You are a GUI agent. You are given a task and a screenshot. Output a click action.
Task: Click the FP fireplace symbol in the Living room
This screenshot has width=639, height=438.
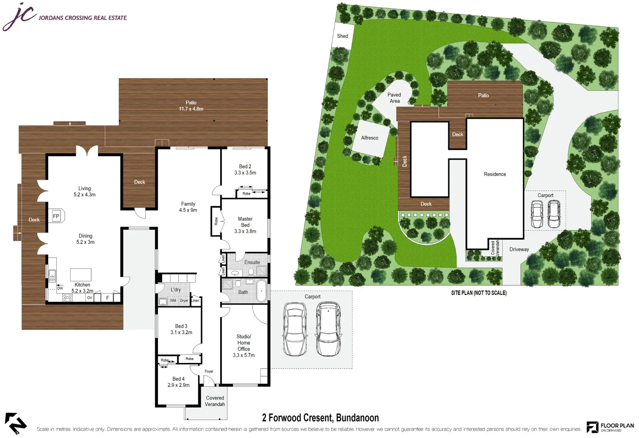tap(56, 217)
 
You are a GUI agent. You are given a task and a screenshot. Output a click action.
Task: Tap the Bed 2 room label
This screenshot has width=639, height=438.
tap(245, 166)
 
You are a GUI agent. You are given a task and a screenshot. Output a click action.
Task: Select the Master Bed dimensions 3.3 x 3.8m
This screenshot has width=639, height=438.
tap(245, 231)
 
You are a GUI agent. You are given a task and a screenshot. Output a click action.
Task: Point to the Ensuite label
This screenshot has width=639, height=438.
tap(252, 262)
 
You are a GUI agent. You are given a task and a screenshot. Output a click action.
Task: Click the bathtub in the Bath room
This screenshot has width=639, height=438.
tap(262, 291)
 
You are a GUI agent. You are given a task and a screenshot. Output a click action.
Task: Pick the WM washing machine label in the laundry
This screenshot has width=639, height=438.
tap(173, 301)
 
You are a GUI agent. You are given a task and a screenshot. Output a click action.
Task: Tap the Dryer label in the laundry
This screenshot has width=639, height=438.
tap(184, 301)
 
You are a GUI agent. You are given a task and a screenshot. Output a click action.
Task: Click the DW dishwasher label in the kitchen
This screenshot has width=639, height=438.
tap(60, 288)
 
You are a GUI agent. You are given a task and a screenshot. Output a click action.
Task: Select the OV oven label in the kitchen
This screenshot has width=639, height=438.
tap(90, 298)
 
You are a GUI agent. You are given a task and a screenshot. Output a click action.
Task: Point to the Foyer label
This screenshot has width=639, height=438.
tap(209, 371)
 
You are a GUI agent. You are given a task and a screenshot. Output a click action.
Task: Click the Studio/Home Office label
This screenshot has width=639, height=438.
tap(244, 343)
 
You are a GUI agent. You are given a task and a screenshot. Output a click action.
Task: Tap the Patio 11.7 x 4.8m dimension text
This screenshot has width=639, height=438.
tap(191, 109)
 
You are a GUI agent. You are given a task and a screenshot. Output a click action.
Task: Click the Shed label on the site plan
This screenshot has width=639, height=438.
tap(342, 36)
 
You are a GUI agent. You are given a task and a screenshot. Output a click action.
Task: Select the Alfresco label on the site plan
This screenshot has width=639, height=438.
tap(370, 138)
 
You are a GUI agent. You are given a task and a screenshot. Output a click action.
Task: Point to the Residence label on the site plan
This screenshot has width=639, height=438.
tap(495, 174)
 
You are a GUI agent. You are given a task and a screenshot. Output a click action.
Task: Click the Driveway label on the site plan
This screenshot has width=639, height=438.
tap(519, 249)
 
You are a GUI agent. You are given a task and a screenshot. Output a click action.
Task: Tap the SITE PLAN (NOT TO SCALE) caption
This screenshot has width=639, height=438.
tap(479, 293)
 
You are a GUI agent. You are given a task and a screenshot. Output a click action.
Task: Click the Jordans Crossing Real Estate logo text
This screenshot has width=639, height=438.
tap(82, 18)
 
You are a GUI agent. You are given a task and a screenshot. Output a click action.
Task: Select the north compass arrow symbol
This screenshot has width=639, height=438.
tap(15, 423)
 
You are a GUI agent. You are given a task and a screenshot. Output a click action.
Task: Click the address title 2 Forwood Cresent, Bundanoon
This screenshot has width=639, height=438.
tap(321, 418)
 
